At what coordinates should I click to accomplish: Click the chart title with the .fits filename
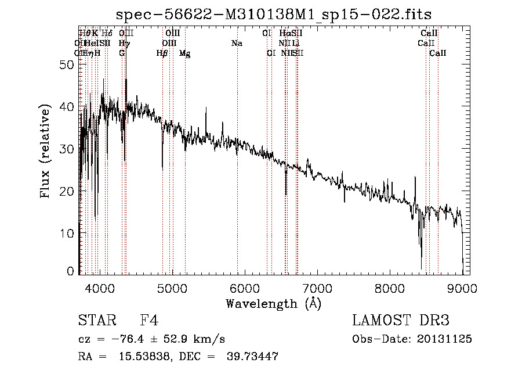click(274, 14)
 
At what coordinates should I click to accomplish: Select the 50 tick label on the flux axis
click(67, 65)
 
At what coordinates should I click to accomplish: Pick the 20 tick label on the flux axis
click(67, 191)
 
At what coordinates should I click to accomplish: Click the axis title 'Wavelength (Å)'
click(273, 303)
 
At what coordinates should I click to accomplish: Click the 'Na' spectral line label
click(237, 44)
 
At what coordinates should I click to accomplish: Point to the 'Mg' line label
click(184, 53)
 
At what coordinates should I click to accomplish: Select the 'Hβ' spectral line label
click(162, 53)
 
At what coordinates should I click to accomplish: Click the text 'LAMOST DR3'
click(401, 321)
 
